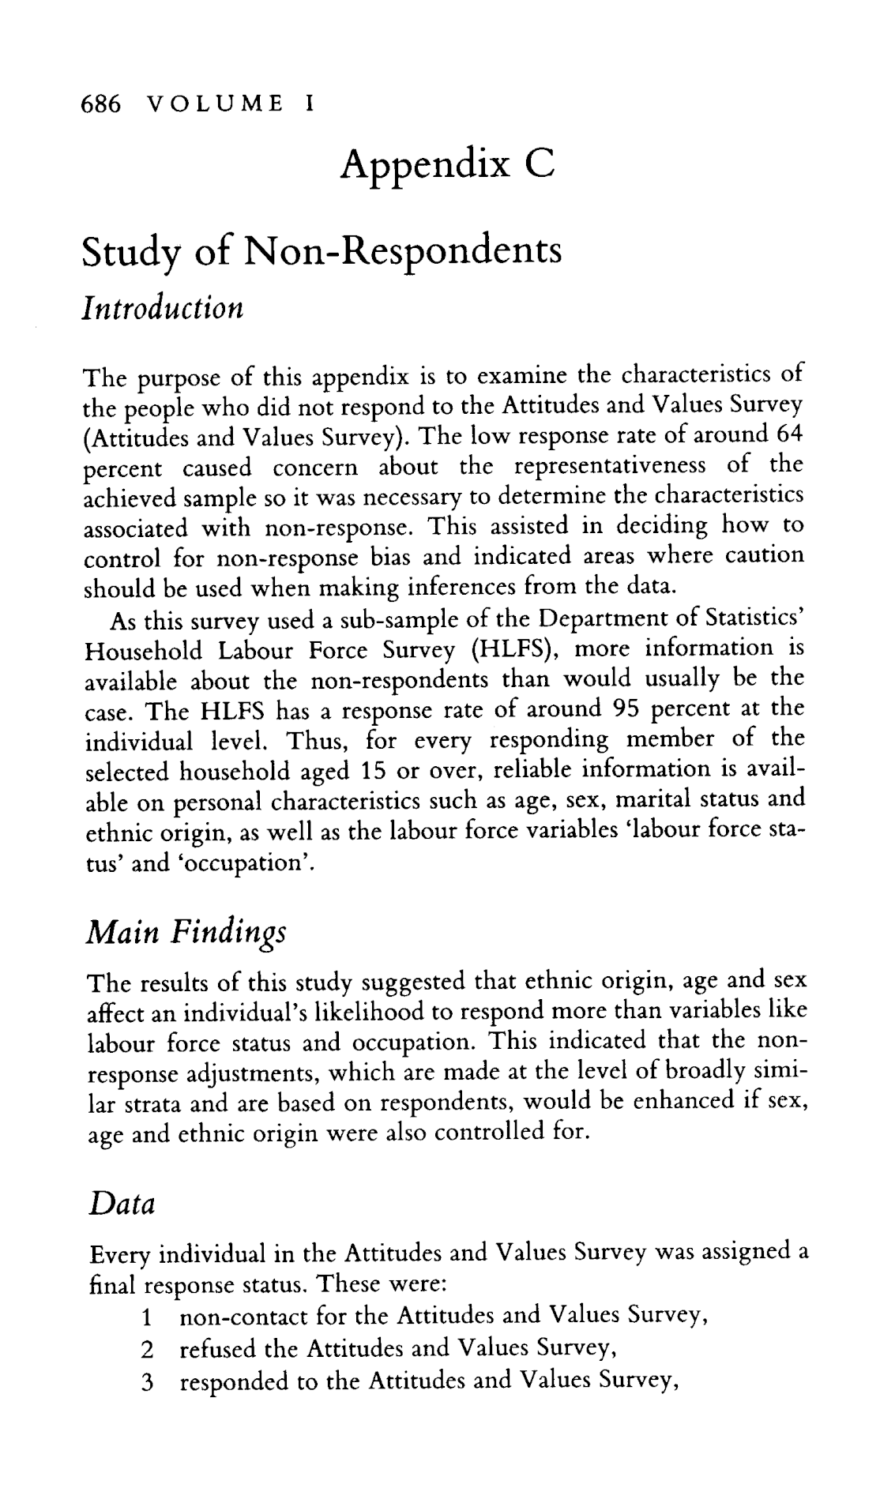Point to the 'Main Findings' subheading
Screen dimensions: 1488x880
[185, 934]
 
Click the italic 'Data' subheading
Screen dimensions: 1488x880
[119, 1204]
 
